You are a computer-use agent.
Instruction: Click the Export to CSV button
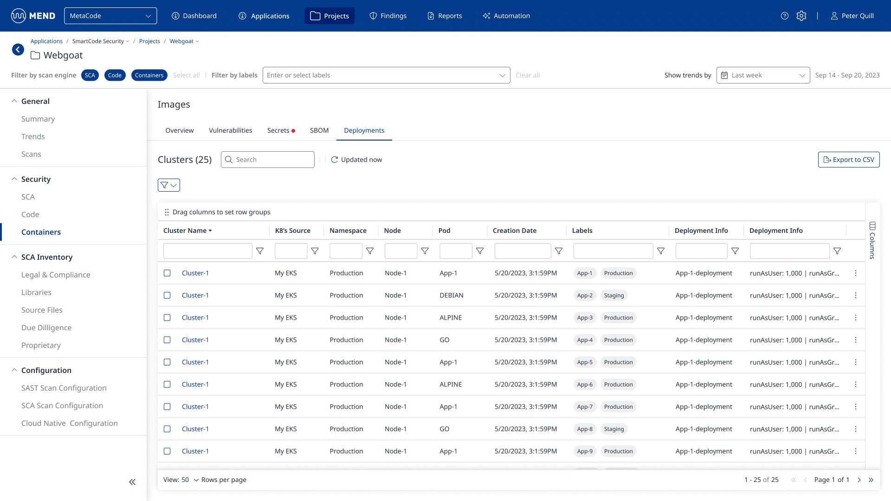(849, 160)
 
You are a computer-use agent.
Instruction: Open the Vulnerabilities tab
(231, 130)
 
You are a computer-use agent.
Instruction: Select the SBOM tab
(319, 130)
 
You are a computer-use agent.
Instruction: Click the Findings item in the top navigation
(388, 16)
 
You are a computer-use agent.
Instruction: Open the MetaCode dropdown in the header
(110, 16)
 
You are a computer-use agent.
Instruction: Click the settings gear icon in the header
(801, 16)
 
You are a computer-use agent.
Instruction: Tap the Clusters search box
(268, 160)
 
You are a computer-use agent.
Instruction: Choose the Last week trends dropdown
(763, 75)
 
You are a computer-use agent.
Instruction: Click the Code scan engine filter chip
(115, 75)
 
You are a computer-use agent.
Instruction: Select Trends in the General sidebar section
(33, 136)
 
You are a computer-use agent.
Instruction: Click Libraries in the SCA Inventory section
(36, 292)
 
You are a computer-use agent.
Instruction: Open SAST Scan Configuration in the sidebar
(64, 388)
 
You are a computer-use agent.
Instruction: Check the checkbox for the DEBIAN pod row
(167, 295)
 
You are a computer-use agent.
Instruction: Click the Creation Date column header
(514, 231)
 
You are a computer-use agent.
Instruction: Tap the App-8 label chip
(585, 429)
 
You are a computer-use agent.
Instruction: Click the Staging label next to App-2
(614, 295)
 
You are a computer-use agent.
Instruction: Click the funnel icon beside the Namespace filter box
(370, 251)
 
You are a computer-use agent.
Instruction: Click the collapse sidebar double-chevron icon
(132, 482)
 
